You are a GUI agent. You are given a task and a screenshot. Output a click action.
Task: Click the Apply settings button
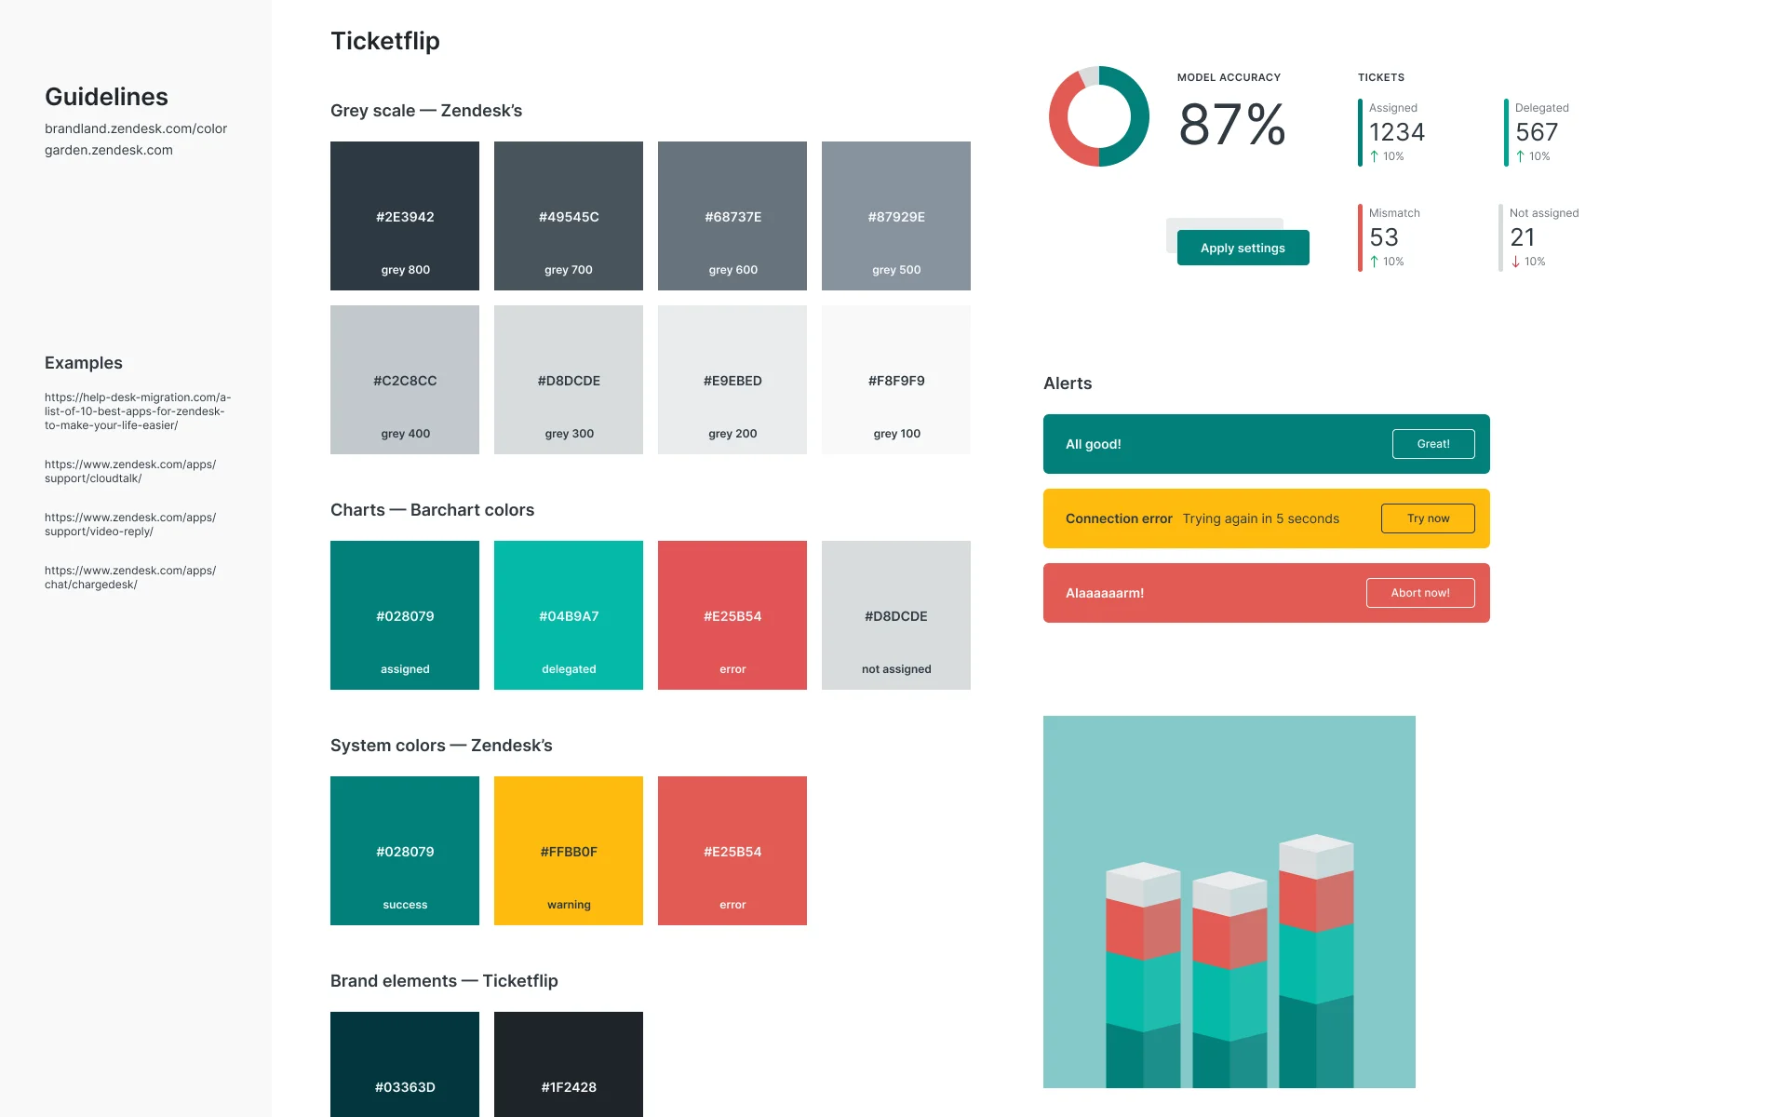coord(1243,248)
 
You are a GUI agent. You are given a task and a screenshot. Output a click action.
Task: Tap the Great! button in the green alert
coord(1432,444)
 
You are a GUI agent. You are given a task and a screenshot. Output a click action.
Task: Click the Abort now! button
coord(1419,593)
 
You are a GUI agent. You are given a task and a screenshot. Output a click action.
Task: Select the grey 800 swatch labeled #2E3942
coord(405,216)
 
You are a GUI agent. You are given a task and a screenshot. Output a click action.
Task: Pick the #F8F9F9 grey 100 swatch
coord(895,380)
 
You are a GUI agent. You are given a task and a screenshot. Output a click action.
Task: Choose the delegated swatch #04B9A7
coord(569,615)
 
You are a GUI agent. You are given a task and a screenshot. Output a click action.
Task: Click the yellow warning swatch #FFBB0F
coord(569,851)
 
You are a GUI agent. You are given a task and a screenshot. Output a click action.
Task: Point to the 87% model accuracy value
coord(1231,125)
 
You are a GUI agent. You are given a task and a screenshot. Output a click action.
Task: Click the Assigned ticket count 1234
coord(1396,132)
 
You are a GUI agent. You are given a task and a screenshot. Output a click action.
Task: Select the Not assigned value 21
coord(1523,237)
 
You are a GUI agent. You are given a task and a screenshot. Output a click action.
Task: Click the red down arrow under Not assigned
coord(1516,262)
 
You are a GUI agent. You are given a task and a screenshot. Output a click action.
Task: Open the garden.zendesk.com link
coord(109,150)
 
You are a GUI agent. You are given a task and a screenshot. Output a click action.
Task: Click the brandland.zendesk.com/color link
coord(136,128)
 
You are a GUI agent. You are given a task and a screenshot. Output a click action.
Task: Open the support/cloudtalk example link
coord(130,471)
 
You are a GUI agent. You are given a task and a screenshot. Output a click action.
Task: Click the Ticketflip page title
coord(385,41)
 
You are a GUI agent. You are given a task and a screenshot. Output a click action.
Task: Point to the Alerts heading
coord(1068,384)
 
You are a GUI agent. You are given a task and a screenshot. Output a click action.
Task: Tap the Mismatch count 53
coord(1384,237)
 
